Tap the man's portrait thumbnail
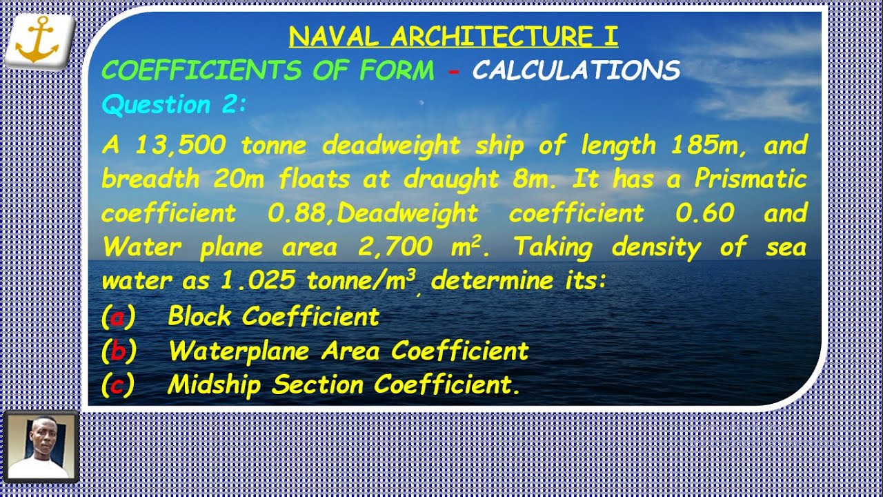tap(41, 447)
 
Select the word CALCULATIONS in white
tap(576, 70)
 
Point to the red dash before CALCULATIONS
tap(453, 70)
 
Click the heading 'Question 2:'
tap(174, 105)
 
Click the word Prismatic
tap(751, 179)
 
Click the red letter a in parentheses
tap(118, 318)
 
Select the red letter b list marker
tap(118, 351)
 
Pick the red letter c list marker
tap(118, 385)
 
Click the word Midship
tap(216, 385)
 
